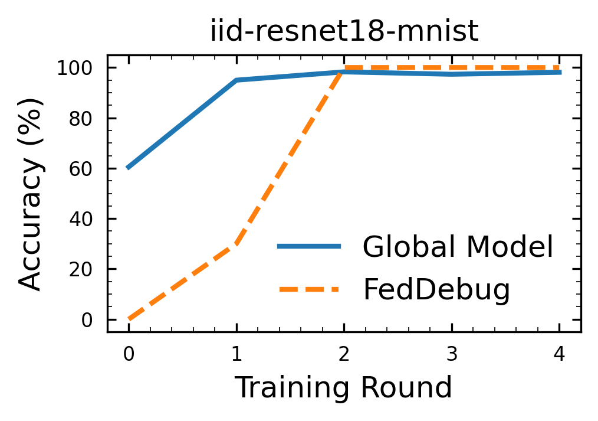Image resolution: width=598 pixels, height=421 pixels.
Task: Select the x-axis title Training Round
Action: tap(344, 388)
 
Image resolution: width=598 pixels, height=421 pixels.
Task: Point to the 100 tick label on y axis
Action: tap(75, 68)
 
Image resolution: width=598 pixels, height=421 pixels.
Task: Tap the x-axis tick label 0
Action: tap(129, 354)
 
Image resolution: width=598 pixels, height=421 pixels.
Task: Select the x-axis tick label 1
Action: tap(236, 354)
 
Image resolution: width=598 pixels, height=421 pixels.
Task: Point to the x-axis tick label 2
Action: tap(344, 354)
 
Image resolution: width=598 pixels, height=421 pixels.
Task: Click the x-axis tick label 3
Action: tap(452, 354)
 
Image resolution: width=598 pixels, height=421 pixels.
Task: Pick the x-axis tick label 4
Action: tap(559, 354)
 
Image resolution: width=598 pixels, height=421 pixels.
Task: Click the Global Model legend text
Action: tap(458, 247)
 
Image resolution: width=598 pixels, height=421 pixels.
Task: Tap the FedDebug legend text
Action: tap(436, 289)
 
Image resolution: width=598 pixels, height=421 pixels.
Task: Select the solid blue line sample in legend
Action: tap(309, 246)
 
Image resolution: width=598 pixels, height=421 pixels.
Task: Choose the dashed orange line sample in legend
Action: tap(309, 289)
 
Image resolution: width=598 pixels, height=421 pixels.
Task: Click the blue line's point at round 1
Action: tap(236, 80)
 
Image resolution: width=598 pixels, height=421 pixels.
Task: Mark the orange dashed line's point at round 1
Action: tap(236, 244)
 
